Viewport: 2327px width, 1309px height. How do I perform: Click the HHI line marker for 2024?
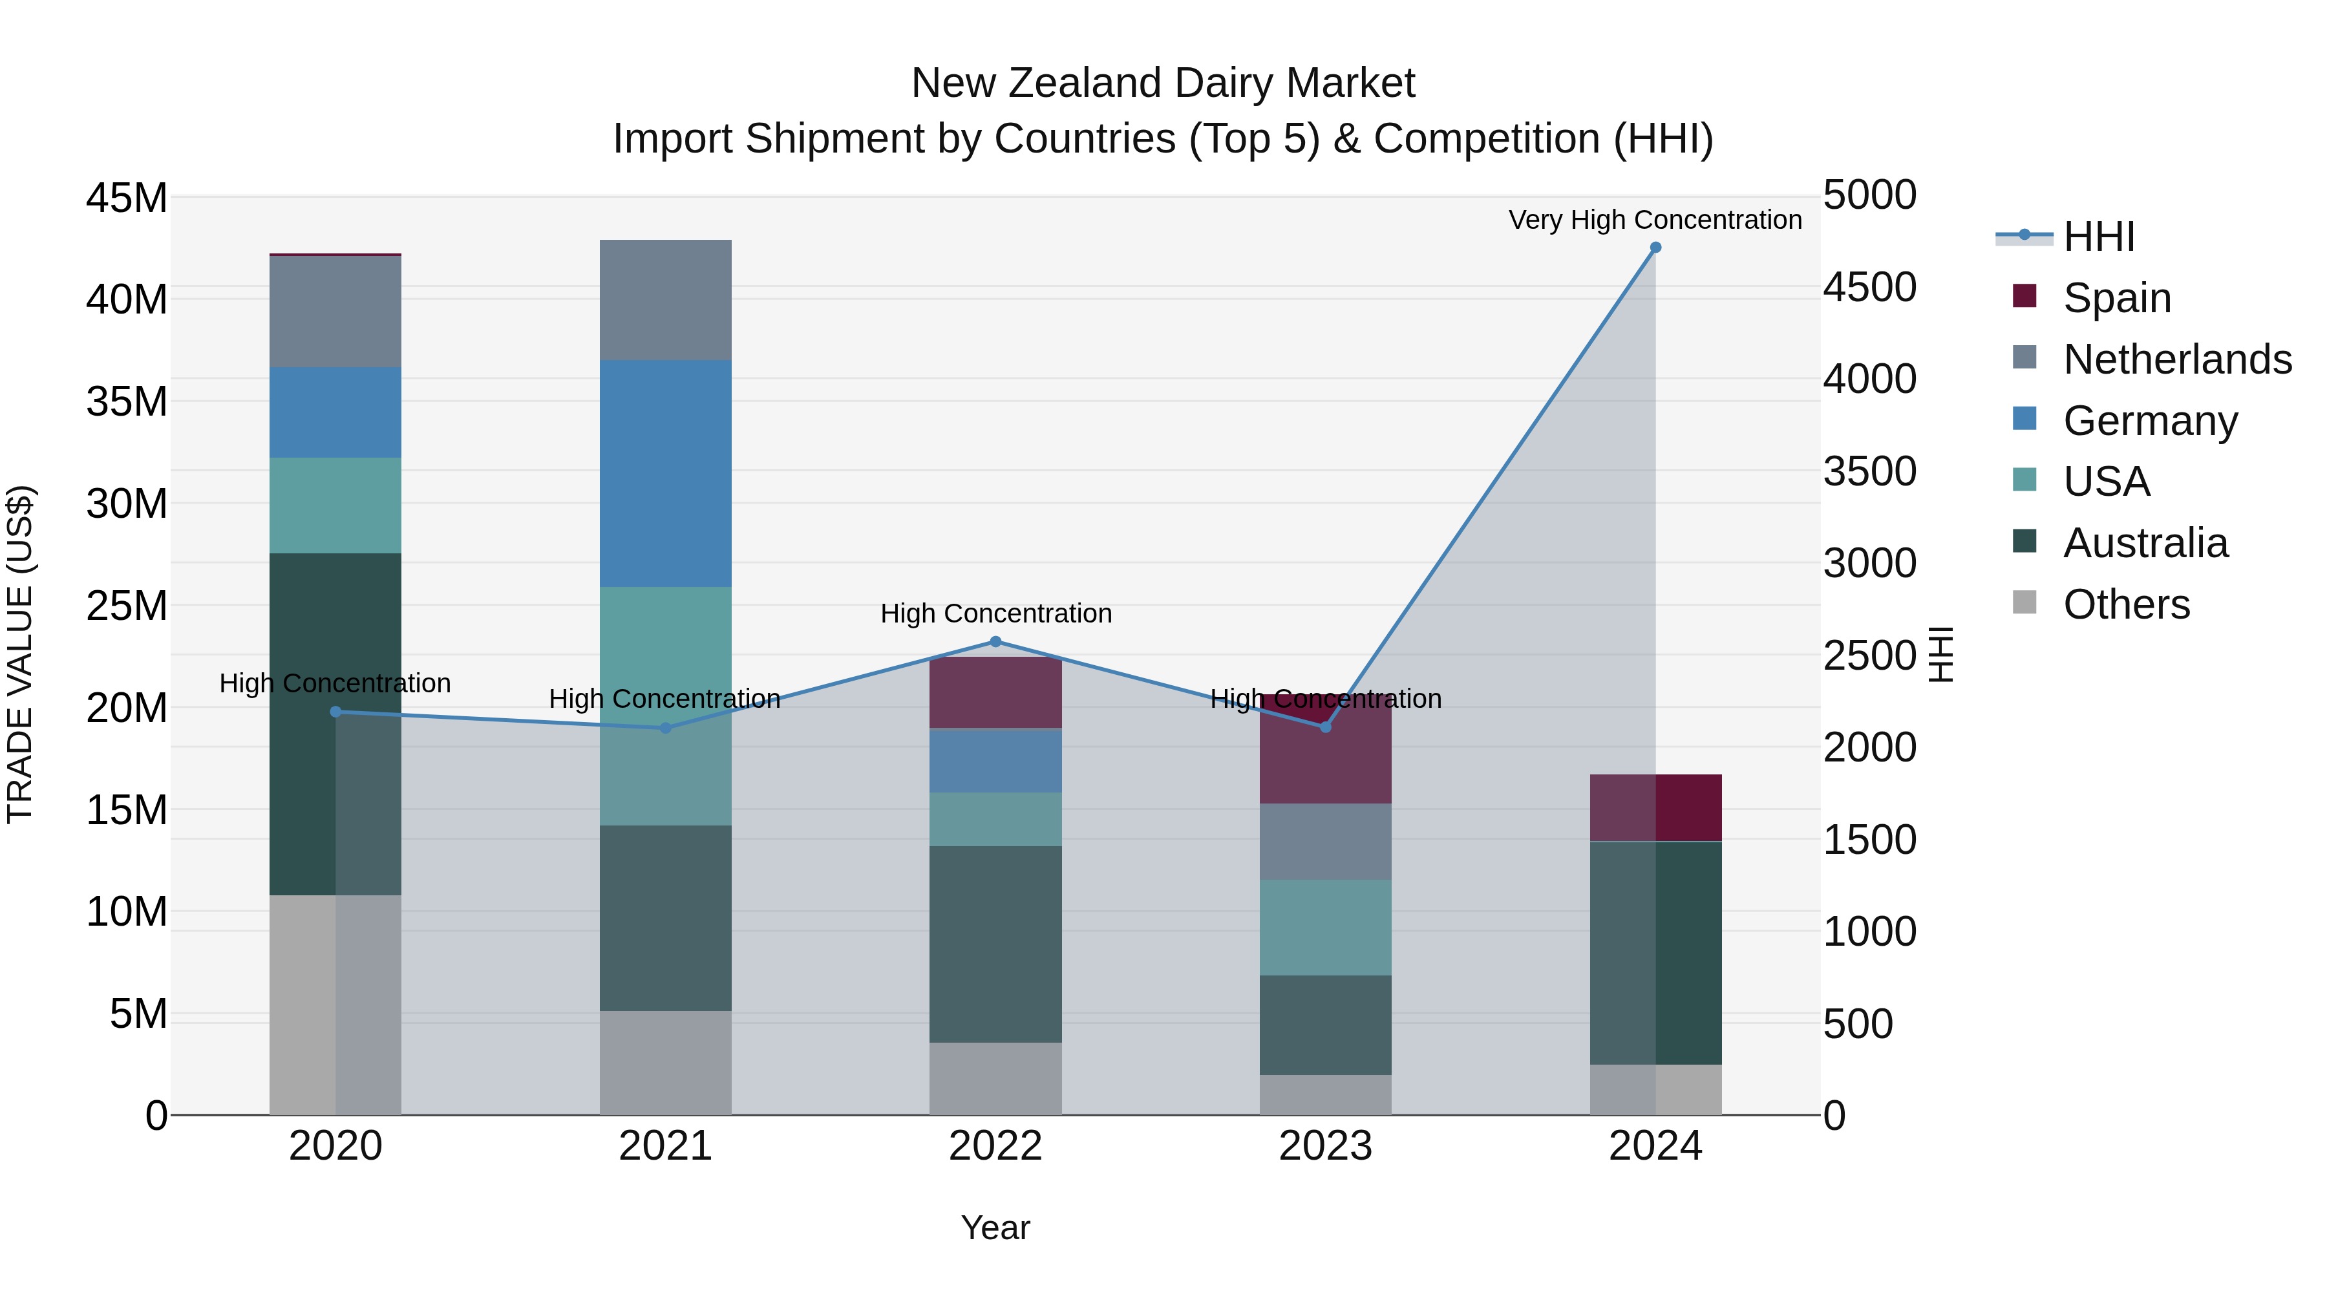click(1655, 248)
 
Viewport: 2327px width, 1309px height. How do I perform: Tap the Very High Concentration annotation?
click(1655, 220)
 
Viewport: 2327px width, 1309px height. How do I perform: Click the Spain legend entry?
click(2116, 297)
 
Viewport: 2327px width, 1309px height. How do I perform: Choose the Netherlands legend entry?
click(2177, 359)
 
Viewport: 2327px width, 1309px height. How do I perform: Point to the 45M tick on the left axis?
click(127, 198)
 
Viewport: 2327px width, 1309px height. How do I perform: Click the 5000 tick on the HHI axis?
click(1869, 195)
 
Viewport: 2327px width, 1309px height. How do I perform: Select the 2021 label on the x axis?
click(665, 1146)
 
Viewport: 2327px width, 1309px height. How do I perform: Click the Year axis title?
click(995, 1228)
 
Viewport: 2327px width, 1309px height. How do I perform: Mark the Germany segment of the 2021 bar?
click(666, 473)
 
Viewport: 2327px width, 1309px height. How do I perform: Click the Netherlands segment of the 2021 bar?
click(666, 300)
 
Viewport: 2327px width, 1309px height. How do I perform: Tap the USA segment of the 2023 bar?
click(1325, 927)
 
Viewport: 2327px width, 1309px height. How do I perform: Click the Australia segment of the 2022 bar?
click(995, 944)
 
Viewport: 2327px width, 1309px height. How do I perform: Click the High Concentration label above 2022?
click(995, 613)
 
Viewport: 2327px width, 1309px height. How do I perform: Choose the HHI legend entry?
click(2098, 237)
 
